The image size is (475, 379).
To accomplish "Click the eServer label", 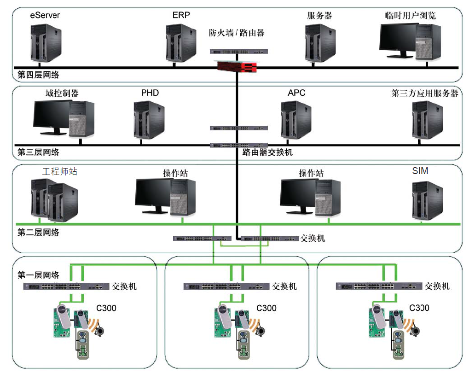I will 45,15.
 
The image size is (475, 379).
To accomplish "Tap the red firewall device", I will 237,68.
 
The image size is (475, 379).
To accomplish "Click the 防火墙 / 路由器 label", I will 237,33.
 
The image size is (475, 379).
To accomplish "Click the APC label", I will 296,93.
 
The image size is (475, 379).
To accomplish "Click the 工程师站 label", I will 60,172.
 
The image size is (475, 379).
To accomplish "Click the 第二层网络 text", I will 38,233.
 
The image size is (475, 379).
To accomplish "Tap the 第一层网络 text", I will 38,275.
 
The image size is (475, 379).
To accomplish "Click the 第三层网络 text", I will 38,152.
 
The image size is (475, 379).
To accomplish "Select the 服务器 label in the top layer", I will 319,15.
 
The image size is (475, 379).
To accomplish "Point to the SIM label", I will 420,171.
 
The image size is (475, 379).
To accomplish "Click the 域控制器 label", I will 62,93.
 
